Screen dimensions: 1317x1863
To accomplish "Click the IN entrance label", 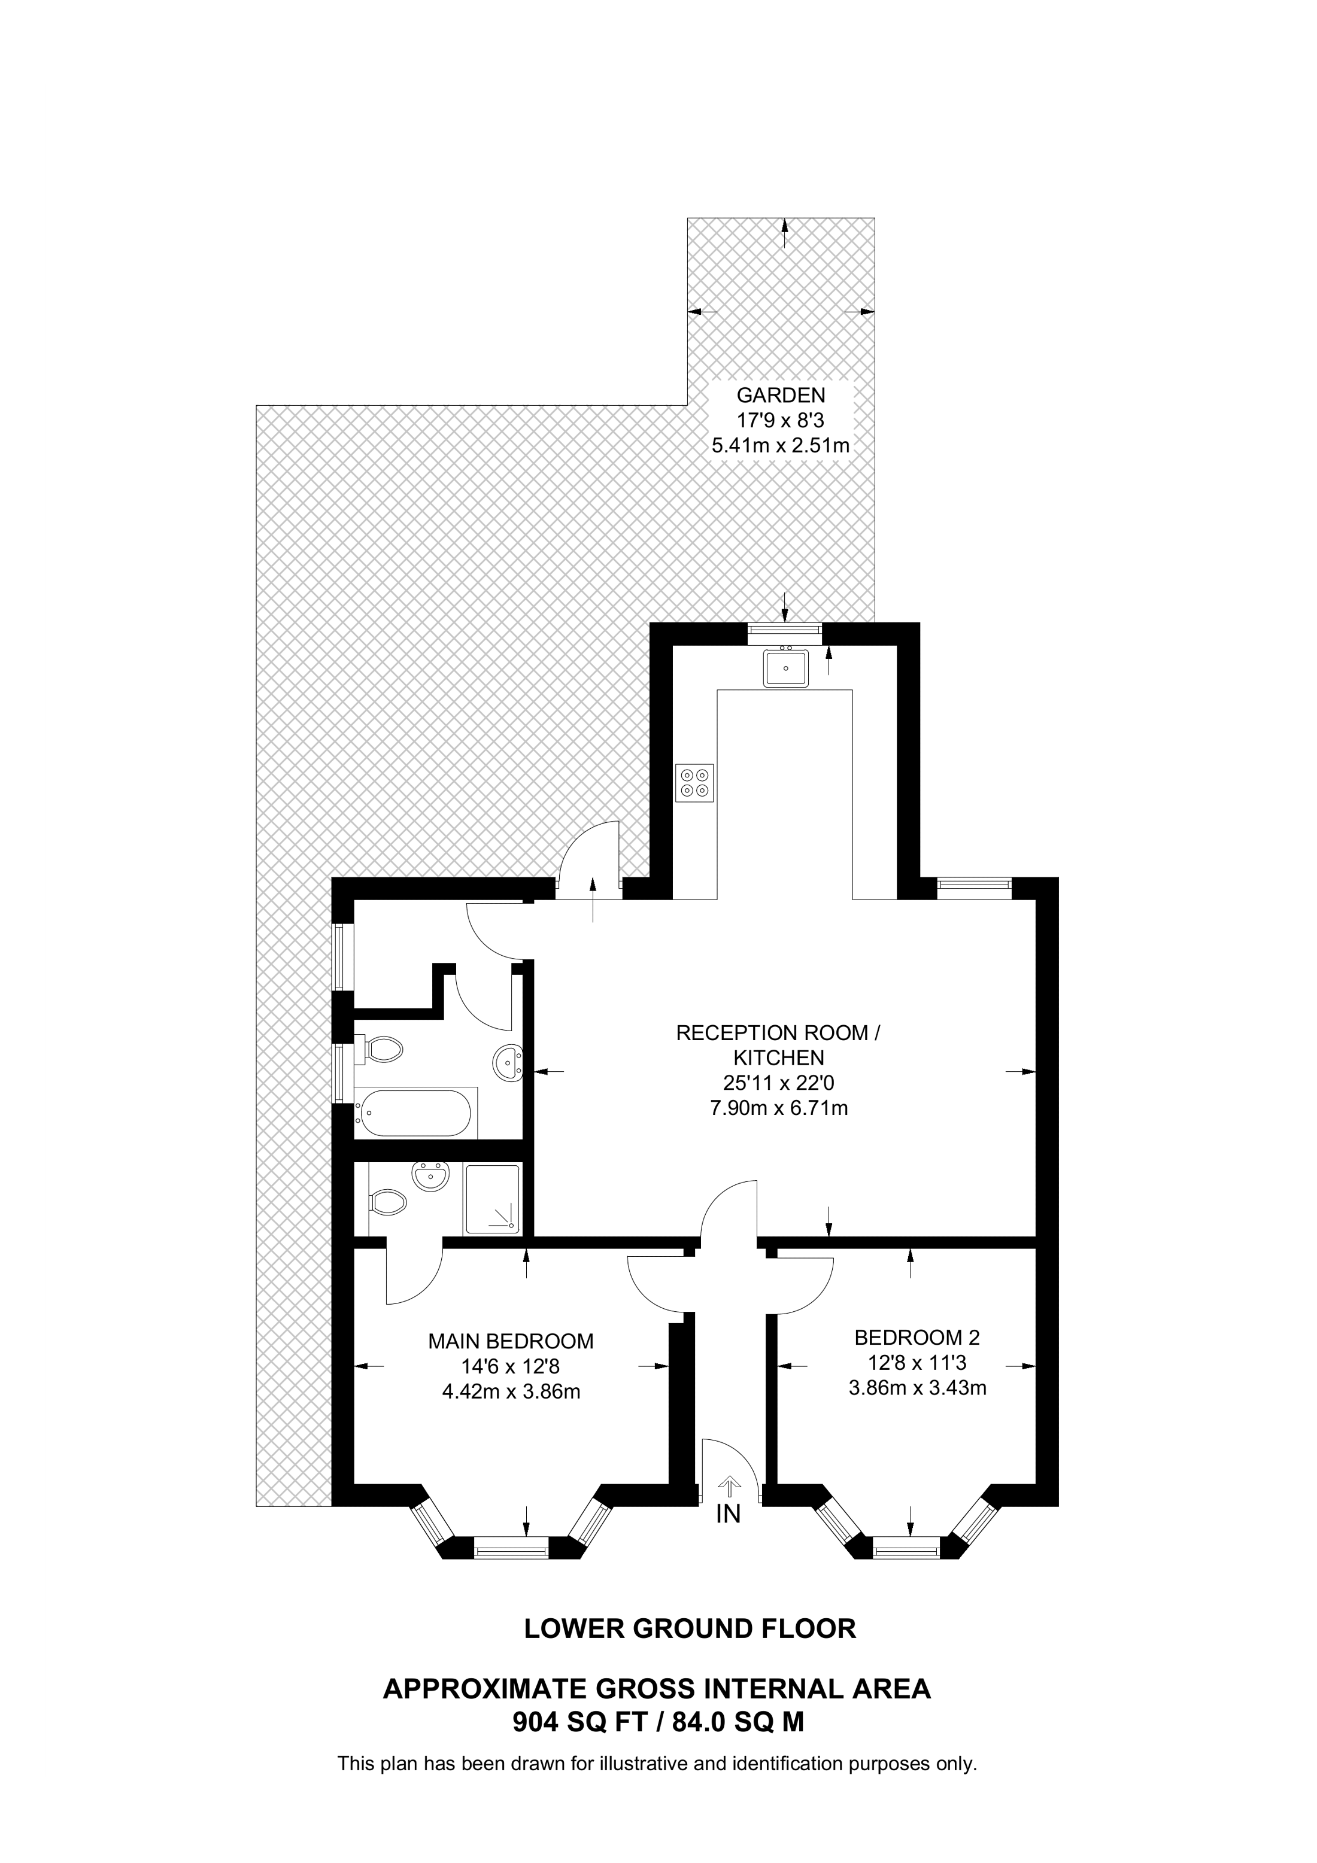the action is point(729,1515).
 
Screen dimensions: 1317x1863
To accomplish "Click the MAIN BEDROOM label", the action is point(511,1341).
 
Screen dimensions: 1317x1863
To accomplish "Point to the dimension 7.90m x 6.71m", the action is point(779,1108).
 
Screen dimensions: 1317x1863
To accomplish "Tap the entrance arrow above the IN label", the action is point(730,1486).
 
